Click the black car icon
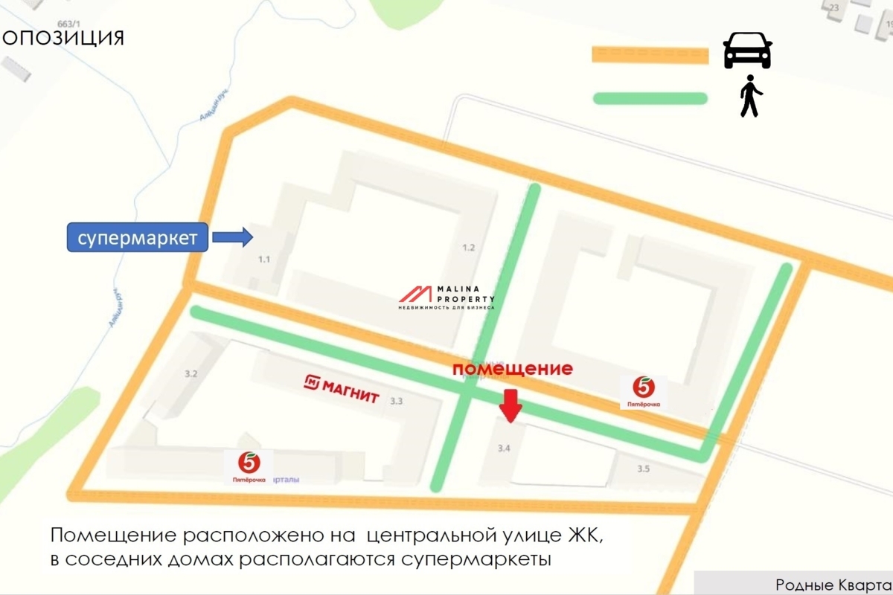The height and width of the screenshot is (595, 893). coord(748,50)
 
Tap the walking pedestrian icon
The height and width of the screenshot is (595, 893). coord(751,97)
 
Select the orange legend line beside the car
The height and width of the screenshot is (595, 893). coord(650,55)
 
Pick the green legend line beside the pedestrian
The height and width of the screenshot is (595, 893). coord(650,98)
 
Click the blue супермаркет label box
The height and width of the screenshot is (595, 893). coord(138,238)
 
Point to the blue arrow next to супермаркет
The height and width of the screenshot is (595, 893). coord(233,237)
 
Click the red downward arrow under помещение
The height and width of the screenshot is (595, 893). coord(510,405)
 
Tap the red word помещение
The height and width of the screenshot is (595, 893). coord(513,369)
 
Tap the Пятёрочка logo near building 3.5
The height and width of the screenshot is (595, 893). coord(644,392)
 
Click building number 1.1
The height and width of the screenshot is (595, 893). coord(264,260)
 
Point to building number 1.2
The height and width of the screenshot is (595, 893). coord(468,248)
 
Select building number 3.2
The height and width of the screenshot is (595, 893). coord(191,374)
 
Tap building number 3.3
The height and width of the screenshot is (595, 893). coord(397,402)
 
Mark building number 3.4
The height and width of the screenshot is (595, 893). coord(504,448)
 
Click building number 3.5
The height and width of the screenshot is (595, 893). coord(643,469)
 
